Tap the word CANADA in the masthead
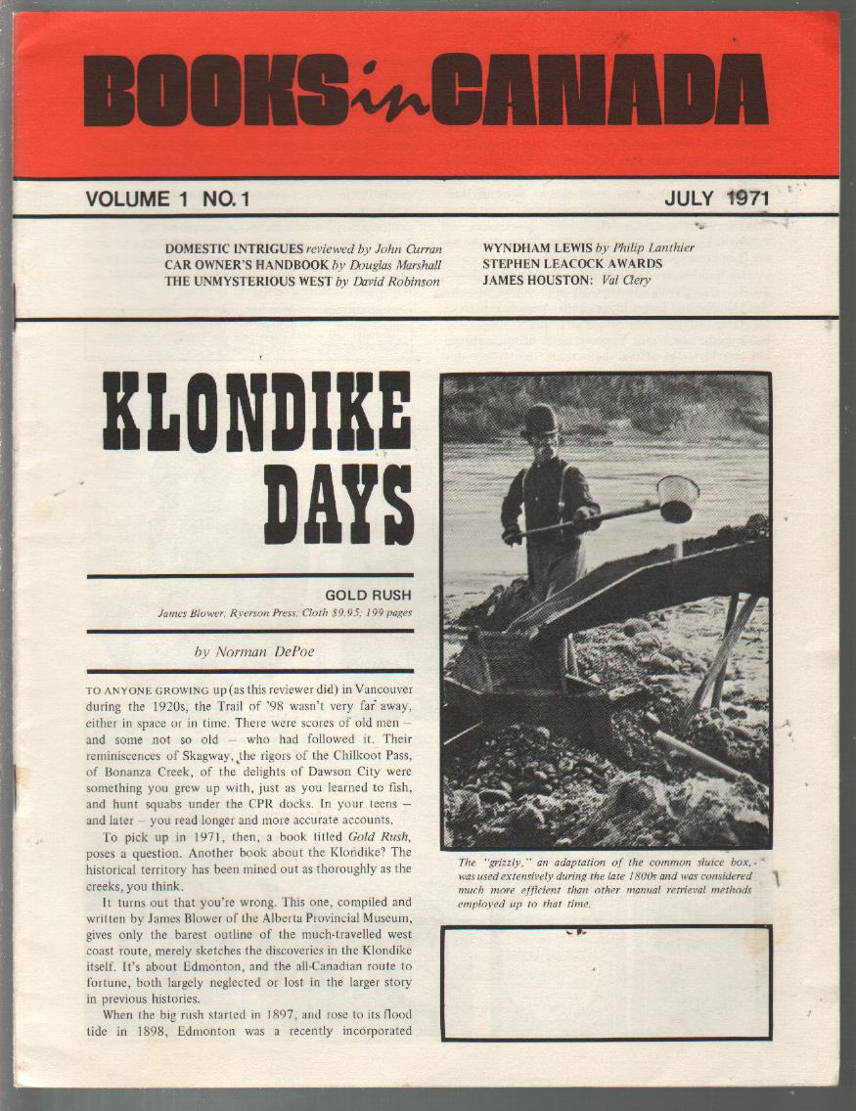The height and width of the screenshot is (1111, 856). tap(599, 90)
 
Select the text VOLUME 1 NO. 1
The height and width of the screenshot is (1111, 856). tap(168, 199)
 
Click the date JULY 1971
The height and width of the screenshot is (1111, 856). tap(716, 199)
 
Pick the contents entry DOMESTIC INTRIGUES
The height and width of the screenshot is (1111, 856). tap(235, 247)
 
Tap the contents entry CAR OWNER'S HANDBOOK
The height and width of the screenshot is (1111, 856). tap(247, 264)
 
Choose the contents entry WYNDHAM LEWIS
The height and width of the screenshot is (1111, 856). tap(537, 247)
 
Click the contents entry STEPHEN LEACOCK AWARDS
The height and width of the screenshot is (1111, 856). tap(572, 264)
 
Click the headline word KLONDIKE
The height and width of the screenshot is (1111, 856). tap(257, 411)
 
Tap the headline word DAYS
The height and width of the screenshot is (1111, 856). tap(338, 505)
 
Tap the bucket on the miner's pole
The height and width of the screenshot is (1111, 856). tap(677, 498)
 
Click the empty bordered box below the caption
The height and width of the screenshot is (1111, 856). tap(606, 982)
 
